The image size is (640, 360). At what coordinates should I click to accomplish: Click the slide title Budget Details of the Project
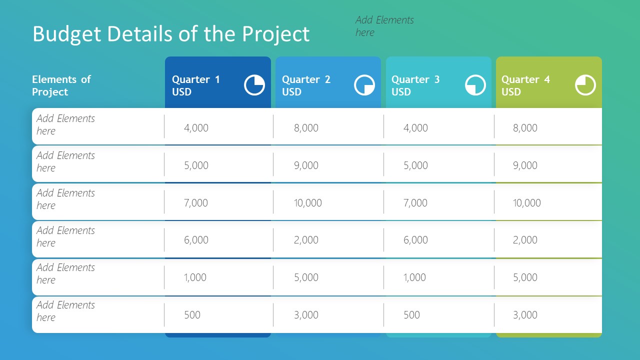[x=171, y=34]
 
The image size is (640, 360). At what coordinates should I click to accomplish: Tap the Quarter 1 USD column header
[x=196, y=85]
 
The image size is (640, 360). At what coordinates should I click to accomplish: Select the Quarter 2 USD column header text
[x=306, y=85]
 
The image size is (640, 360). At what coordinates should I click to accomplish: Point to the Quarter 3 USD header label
[x=415, y=85]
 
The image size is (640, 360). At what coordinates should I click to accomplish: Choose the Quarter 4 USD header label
[x=525, y=85]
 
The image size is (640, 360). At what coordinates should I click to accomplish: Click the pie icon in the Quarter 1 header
[x=254, y=85]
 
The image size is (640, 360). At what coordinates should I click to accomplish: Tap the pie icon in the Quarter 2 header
[x=364, y=85]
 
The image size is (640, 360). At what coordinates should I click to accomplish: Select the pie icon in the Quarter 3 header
[x=475, y=85]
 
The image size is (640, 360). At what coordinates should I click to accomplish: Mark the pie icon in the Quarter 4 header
[x=585, y=85]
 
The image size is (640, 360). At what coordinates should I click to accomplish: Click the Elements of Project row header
[x=61, y=85]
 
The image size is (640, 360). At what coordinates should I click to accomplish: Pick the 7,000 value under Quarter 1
[x=196, y=202]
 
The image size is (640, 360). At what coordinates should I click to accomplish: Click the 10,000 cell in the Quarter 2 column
[x=308, y=202]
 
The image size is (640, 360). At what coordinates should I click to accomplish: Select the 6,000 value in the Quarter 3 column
[x=415, y=240]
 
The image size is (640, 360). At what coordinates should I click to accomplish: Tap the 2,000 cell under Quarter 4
[x=525, y=240]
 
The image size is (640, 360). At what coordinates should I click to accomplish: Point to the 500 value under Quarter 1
[x=192, y=315]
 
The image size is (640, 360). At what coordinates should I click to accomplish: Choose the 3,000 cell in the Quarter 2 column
[x=306, y=315]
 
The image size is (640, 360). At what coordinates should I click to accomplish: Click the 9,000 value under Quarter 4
[x=525, y=165]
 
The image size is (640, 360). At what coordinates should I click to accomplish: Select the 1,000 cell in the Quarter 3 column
[x=414, y=277]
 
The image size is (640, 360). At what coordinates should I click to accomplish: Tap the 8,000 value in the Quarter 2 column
[x=306, y=128]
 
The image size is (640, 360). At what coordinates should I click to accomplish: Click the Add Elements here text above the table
[x=384, y=26]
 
